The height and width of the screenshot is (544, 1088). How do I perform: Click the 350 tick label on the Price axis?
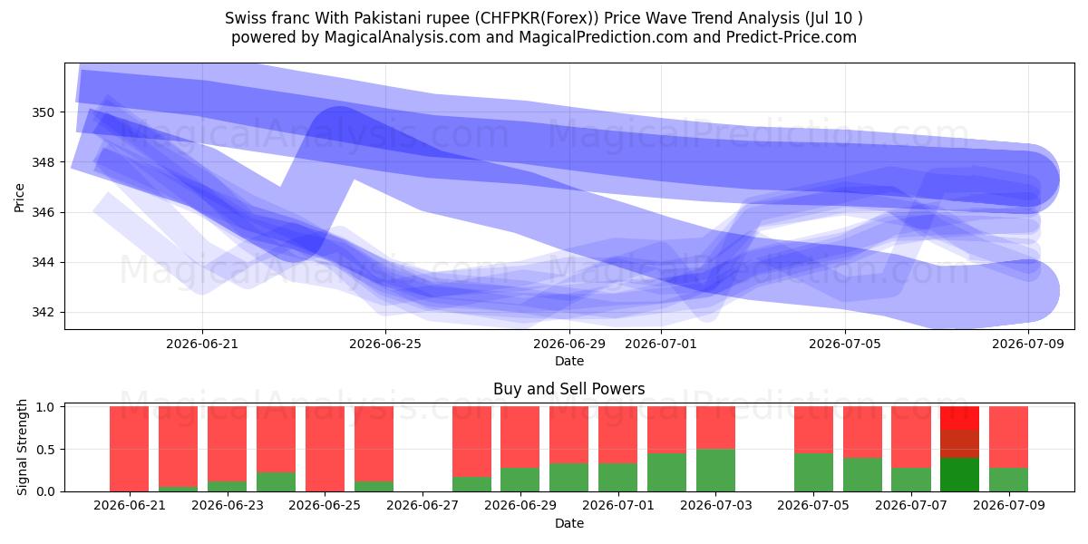[43, 112]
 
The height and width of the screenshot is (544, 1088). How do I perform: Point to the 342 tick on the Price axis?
[43, 312]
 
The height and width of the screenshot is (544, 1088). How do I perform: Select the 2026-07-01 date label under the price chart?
[661, 344]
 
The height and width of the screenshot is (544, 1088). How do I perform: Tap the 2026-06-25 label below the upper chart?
[385, 344]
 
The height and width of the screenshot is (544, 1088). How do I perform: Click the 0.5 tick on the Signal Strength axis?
[45, 450]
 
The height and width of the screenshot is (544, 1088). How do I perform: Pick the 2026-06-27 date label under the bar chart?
[423, 505]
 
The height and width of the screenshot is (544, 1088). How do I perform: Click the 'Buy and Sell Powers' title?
[569, 389]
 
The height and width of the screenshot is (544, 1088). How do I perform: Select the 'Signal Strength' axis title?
[22, 447]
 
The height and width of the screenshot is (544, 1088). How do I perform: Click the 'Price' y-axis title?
[19, 198]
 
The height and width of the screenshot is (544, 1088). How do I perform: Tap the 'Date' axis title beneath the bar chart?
[569, 523]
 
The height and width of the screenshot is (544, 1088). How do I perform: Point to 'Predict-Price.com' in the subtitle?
[792, 37]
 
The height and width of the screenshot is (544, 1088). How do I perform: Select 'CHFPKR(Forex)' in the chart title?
[537, 18]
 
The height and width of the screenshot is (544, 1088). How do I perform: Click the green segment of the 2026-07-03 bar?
[715, 471]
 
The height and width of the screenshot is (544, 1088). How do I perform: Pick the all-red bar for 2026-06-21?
[129, 449]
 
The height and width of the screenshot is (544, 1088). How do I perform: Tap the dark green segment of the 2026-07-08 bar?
[960, 474]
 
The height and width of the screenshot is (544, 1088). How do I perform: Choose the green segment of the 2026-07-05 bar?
[813, 472]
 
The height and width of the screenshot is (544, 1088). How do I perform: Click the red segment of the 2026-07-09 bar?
[1009, 437]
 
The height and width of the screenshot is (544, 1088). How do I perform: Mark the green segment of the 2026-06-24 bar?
[276, 481]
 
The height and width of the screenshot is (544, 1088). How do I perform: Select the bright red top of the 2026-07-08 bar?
[960, 418]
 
